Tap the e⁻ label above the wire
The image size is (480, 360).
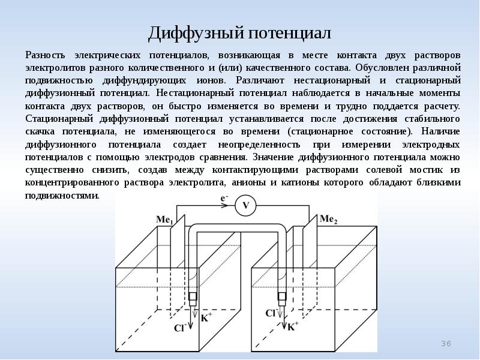pos(224,197)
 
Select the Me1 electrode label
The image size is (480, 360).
pos(164,220)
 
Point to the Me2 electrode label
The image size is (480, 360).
pos(328,220)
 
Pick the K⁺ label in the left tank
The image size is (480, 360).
pos(206,317)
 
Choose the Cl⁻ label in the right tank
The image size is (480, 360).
pos(271,313)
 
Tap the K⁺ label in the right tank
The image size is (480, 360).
pos(293,327)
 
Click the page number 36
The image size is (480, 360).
pos(445,343)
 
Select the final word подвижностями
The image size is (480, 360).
pos(62,196)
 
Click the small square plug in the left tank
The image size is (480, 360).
pos(193,296)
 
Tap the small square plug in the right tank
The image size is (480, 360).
pos(282,296)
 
